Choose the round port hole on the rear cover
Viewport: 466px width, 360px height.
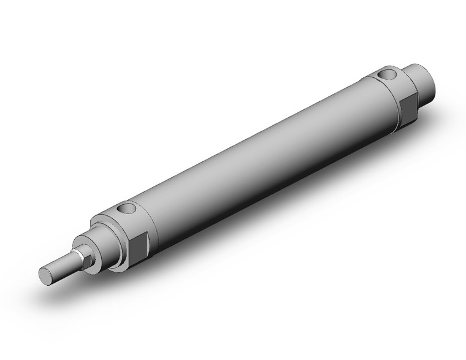[x=387, y=75]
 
